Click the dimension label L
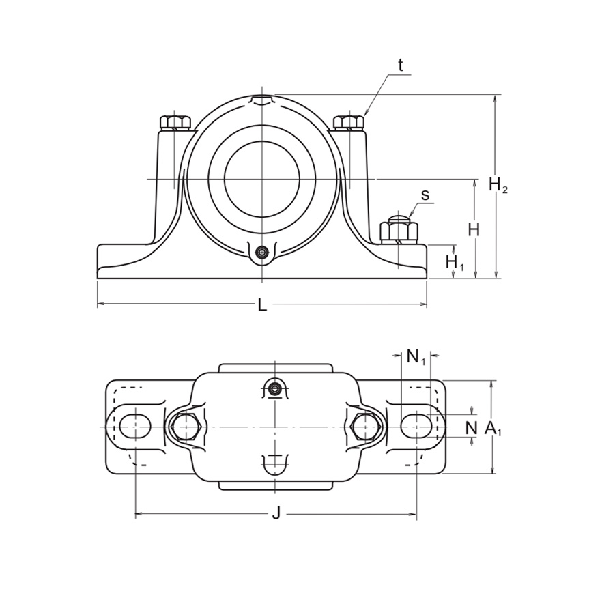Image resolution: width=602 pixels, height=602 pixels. [262, 305]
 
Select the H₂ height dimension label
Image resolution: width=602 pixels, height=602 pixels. [498, 184]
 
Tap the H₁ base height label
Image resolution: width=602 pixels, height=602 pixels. [454, 262]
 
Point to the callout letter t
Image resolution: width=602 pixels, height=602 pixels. [401, 66]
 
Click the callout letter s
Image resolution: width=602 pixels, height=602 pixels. [425, 195]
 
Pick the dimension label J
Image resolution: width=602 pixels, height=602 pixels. [276, 514]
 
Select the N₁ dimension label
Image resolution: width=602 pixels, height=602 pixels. [416, 356]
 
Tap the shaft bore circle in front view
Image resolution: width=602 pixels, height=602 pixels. [261, 179]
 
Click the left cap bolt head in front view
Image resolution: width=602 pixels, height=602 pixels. [175, 123]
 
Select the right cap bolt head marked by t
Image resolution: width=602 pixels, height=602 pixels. [348, 123]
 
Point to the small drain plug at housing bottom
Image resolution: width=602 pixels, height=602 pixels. [261, 253]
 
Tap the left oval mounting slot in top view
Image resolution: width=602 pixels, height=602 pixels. [135, 426]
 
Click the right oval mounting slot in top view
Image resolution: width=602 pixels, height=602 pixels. [416, 426]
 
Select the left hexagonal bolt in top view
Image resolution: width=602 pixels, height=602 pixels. [184, 427]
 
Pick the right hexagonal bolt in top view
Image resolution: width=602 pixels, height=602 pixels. [366, 427]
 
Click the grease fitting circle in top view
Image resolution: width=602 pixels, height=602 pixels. [275, 389]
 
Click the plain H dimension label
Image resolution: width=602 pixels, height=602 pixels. [474, 230]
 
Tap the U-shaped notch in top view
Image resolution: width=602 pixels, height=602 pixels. [275, 463]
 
